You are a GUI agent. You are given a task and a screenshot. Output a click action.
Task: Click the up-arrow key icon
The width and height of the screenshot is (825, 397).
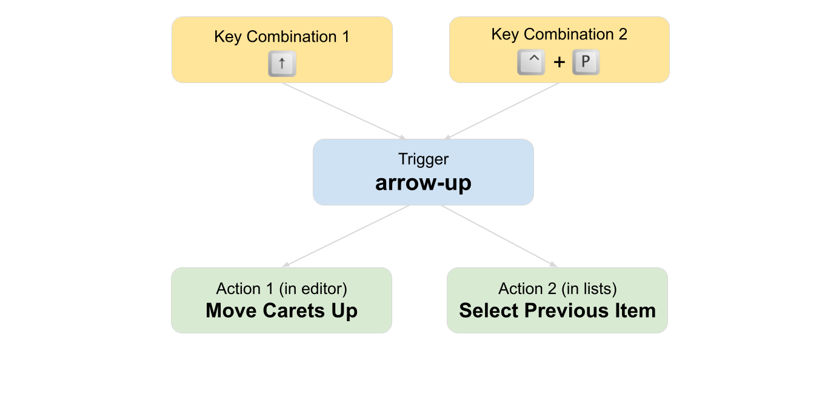click(x=282, y=63)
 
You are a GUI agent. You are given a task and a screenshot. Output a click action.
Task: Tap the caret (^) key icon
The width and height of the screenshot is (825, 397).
click(x=531, y=62)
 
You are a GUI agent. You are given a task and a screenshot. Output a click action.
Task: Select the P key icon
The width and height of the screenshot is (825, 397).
click(x=586, y=62)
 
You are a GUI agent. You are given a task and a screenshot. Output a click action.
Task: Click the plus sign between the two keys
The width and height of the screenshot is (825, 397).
click(x=559, y=62)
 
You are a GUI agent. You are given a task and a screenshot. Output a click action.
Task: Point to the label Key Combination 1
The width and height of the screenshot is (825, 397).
click(x=282, y=37)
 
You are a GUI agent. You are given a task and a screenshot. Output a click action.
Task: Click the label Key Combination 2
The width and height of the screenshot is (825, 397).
click(x=559, y=35)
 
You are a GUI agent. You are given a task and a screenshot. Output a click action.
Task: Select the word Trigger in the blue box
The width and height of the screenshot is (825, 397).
click(x=423, y=159)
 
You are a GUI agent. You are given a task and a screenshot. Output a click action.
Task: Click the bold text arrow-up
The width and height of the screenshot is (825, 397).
click(x=423, y=182)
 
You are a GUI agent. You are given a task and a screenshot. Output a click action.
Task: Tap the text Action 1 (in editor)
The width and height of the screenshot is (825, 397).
click(x=282, y=289)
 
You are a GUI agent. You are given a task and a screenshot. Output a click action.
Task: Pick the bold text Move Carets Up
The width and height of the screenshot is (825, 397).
click(x=282, y=311)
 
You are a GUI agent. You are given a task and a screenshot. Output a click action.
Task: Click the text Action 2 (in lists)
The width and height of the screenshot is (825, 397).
click(x=558, y=289)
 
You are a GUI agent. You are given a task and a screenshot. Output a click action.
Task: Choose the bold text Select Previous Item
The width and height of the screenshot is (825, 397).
click(x=558, y=311)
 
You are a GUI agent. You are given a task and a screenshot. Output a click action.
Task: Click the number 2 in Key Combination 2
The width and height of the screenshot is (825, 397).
click(x=622, y=35)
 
